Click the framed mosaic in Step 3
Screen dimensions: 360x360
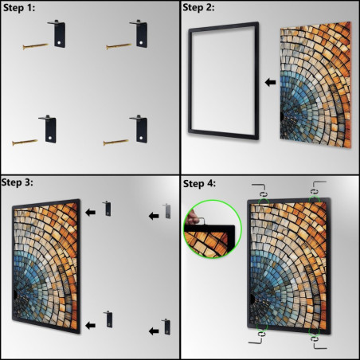tap(47, 268)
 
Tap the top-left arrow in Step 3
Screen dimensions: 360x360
tap(91, 211)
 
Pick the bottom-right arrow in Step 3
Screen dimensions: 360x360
tap(152, 328)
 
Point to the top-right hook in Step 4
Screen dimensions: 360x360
tap(316, 190)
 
